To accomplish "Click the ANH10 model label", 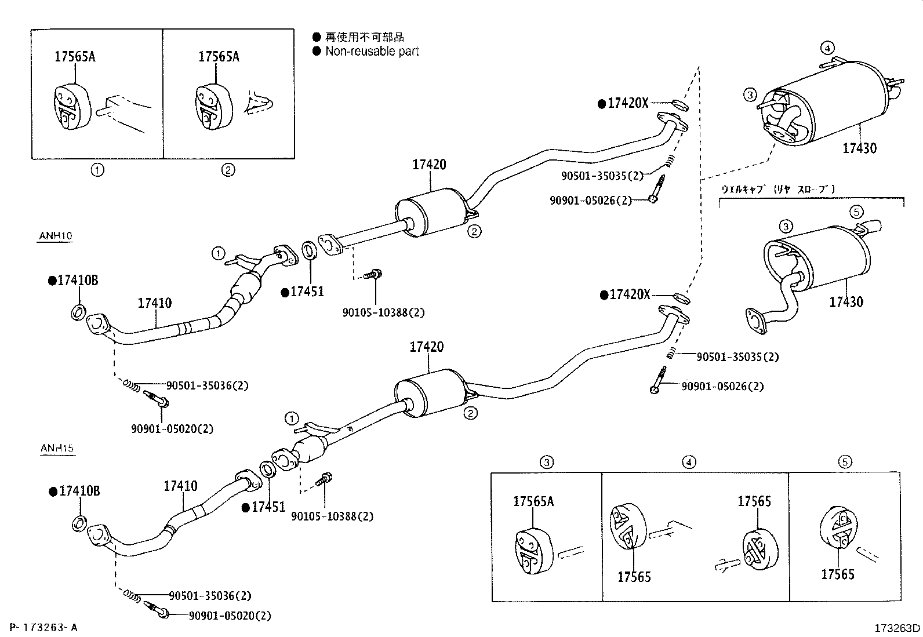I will tap(55, 236).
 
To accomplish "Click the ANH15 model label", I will tap(57, 448).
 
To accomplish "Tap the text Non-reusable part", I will tap(372, 52).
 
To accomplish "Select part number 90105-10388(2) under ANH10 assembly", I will tap(383, 312).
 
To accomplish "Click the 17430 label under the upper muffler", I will tap(860, 148).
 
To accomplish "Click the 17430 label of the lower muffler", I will tap(846, 302).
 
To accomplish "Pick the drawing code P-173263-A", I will tap(43, 627).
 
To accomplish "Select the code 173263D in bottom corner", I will tap(897, 628).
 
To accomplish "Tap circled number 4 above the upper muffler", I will tap(827, 48).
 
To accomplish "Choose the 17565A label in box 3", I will tap(533, 501).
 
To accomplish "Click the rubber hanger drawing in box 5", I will tap(839, 529).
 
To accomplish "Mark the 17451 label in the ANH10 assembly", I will tap(306, 292).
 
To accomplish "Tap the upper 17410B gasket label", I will tap(77, 281).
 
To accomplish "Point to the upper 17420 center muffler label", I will tap(430, 165).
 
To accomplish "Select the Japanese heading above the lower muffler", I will tap(777, 189).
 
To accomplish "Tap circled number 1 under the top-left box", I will tap(97, 170).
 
